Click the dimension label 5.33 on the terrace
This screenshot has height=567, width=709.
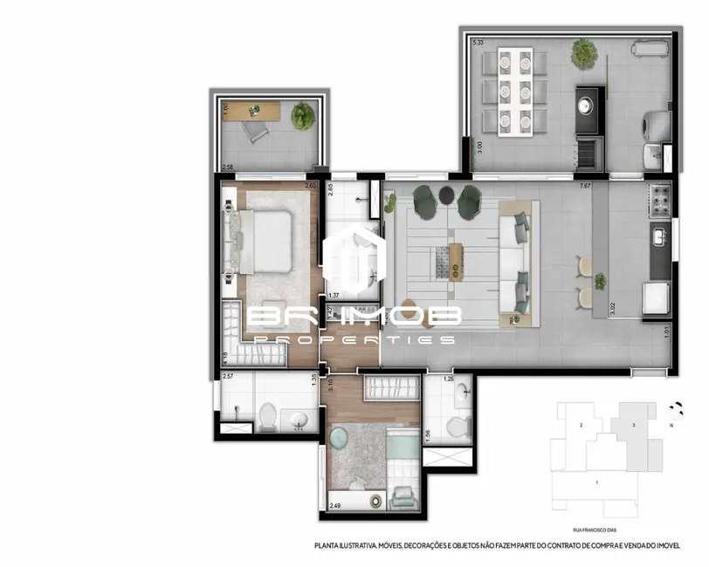478,42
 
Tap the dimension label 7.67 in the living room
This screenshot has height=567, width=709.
584,185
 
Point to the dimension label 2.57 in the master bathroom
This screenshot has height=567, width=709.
228,377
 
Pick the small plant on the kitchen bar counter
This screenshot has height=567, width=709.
600,281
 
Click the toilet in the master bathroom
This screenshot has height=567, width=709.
268,418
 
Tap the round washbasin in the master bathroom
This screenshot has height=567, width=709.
299,420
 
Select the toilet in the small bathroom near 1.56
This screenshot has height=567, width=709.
455,427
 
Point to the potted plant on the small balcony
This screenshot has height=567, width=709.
303,114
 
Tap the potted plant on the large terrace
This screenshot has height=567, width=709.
583,54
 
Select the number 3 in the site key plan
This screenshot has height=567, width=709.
632,425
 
